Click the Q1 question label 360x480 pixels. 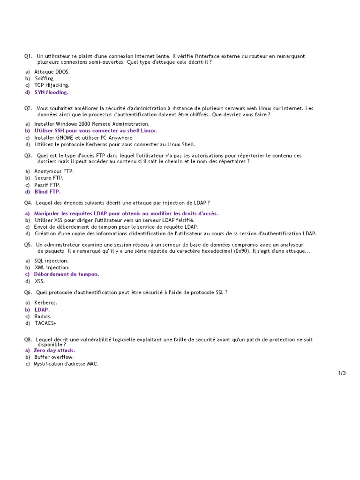click(28, 56)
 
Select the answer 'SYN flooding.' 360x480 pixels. click(51, 92)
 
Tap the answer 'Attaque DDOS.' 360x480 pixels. click(52, 72)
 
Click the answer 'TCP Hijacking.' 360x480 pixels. click(52, 85)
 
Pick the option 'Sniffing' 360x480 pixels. click(44, 79)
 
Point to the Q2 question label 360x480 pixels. click(28, 108)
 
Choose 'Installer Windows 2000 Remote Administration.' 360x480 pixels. click(92, 124)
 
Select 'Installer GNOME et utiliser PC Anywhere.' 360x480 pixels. click(84, 138)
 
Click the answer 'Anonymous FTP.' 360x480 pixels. click(54, 171)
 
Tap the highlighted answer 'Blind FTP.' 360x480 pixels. click(47, 192)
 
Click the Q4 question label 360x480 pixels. click(28, 202)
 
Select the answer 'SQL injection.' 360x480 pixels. click(51, 261)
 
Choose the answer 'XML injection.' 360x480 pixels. click(52, 268)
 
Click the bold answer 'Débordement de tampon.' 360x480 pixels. click(67, 274)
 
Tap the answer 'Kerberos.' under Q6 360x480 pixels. click(46, 303)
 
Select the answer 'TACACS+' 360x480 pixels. click(45, 323)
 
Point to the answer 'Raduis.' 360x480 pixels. click(43, 316)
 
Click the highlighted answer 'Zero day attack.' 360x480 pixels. click(54, 350)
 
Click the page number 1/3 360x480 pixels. click(342, 373)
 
